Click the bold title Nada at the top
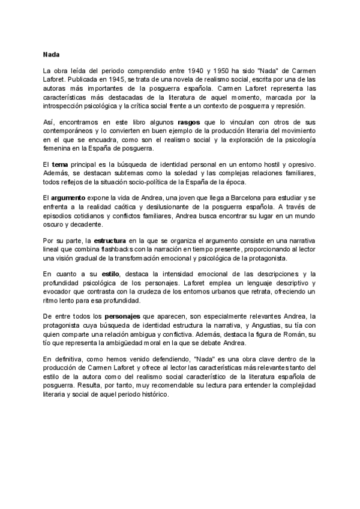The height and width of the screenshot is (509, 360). pyautogui.click(x=51, y=52)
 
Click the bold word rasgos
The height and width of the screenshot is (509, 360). pyautogui.click(x=182, y=122)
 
